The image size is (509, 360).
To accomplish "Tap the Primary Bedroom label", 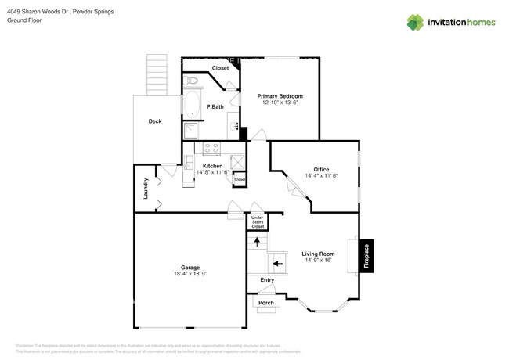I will tap(280, 96).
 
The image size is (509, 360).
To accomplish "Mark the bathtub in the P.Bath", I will tap(193, 104).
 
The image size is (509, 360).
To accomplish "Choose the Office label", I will tap(321, 170).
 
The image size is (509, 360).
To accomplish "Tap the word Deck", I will tap(155, 121).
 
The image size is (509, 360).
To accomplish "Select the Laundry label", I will tap(146, 188).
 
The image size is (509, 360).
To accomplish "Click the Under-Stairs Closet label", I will tap(258, 222).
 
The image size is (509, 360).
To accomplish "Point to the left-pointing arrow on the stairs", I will tap(277, 264).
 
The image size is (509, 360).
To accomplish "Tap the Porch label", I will tap(266, 302).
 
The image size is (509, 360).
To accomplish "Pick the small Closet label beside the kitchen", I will tap(240, 180).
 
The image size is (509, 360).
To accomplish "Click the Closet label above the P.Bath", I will tap(220, 68).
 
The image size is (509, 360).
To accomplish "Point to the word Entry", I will tap(268, 280).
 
